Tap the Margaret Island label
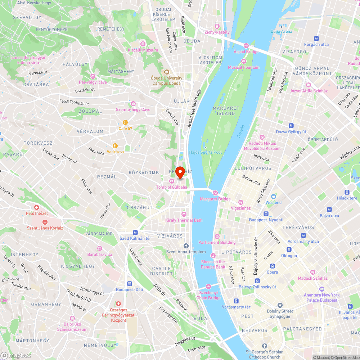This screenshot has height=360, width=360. [x=226, y=111]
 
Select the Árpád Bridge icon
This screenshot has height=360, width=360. [x=246, y=46]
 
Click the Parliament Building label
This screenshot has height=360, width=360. [x=217, y=242]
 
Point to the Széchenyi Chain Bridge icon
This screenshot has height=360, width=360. [x=208, y=287]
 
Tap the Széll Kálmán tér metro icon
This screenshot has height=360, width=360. [x=135, y=232]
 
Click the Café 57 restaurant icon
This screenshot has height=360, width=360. [x=125, y=122]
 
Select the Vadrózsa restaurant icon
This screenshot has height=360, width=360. [x=115, y=146]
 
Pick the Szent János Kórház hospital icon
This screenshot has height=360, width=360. [x=45, y=222]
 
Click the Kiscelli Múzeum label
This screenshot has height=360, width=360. [x=143, y=50]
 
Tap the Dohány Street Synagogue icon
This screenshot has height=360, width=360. [x=280, y=305]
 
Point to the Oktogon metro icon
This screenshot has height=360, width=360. [x=289, y=249]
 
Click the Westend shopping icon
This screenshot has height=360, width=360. [x=274, y=197]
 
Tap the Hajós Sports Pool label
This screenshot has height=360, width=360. [x=206, y=152]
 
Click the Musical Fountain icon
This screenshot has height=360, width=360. [x=244, y=61]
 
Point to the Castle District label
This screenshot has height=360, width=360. [x=162, y=271]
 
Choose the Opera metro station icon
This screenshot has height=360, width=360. [x=273, y=266]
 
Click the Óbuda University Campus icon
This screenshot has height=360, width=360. [x=167, y=72]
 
